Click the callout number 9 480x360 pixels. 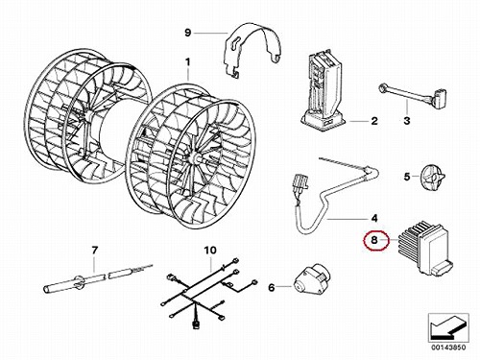click(x=188, y=33)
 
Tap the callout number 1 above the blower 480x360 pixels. click(x=188, y=61)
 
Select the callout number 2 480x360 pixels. click(x=374, y=121)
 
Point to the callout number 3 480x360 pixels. click(x=407, y=121)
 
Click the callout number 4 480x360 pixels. click(x=374, y=218)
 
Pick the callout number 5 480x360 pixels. click(x=407, y=177)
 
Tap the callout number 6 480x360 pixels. click(x=272, y=288)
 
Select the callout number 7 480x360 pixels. click(x=94, y=250)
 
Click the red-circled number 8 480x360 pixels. click(x=374, y=240)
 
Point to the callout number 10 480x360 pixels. click(x=210, y=250)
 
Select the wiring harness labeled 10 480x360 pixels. click(x=208, y=291)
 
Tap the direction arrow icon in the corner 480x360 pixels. click(x=448, y=328)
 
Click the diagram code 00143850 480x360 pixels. click(x=448, y=348)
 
